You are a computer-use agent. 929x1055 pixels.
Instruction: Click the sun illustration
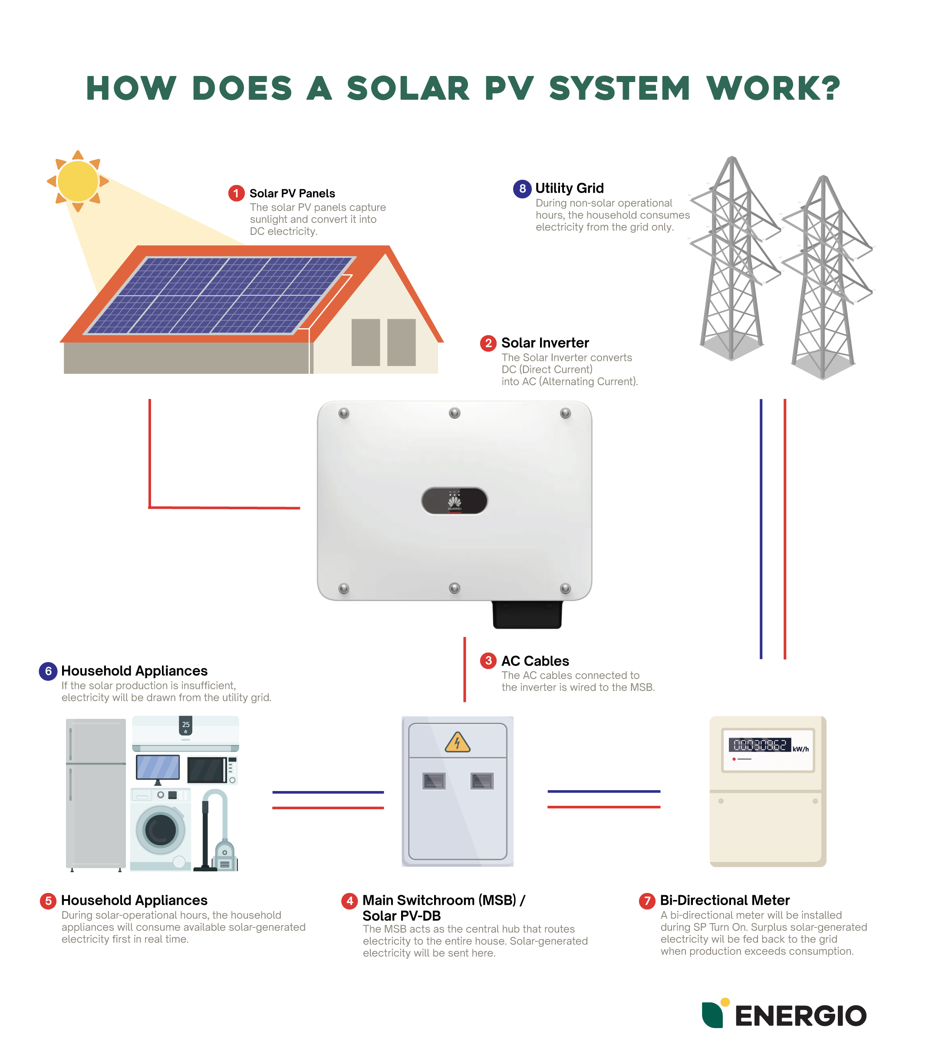(77, 181)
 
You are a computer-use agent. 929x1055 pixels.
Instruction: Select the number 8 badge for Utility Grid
(522, 188)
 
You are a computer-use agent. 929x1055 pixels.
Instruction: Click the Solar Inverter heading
(544, 343)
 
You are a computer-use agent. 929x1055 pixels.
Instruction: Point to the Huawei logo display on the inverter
(454, 501)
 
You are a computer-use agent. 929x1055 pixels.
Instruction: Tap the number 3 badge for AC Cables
(488, 661)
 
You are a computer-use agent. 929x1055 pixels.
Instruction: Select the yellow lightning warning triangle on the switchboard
(457, 742)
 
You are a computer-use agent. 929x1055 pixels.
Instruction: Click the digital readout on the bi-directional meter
(759, 745)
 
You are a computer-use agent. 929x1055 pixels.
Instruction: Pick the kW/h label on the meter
(801, 749)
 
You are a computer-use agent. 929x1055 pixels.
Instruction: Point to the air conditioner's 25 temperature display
(186, 725)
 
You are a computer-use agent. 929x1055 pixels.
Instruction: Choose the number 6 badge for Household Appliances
(48, 671)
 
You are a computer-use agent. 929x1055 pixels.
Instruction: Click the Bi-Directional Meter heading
(724, 900)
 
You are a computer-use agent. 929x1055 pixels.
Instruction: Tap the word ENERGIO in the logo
(800, 1016)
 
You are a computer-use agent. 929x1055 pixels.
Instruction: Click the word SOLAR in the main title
(408, 88)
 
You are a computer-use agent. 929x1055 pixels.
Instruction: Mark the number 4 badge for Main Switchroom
(349, 901)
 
